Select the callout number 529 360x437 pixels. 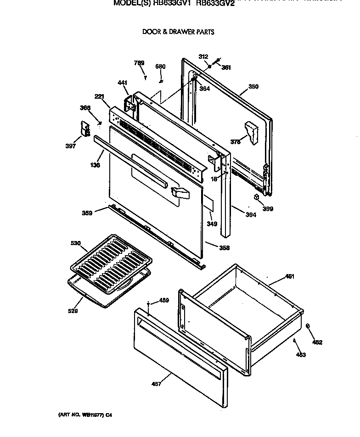73,311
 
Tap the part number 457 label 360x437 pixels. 156,384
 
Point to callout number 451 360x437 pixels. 290,276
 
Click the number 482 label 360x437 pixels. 317,342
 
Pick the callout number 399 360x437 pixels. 268,209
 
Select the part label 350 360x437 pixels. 253,87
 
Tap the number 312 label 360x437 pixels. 203,56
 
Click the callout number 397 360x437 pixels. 70,147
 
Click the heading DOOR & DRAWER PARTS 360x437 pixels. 178,32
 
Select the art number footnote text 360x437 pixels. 85,415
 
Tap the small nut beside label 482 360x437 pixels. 307,326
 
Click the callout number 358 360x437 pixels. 224,248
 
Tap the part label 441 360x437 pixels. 122,83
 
